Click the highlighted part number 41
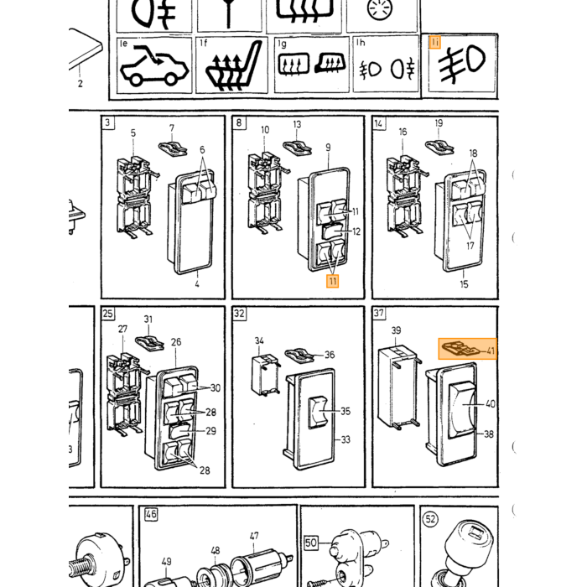point(491,351)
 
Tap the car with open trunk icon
point(153,66)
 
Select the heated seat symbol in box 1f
point(233,66)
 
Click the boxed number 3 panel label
point(108,122)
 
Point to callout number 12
point(356,231)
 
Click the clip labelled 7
point(173,148)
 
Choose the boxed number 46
point(151,514)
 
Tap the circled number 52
point(430,519)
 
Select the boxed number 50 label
point(311,543)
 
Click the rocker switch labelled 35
point(317,413)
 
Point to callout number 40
point(491,403)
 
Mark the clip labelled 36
point(299,356)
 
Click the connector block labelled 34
point(265,375)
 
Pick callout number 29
point(211,431)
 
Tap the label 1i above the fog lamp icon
point(434,42)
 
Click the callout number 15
point(464,284)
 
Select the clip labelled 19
point(439,147)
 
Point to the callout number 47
point(254,536)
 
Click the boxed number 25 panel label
point(108,313)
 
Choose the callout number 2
point(81,84)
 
